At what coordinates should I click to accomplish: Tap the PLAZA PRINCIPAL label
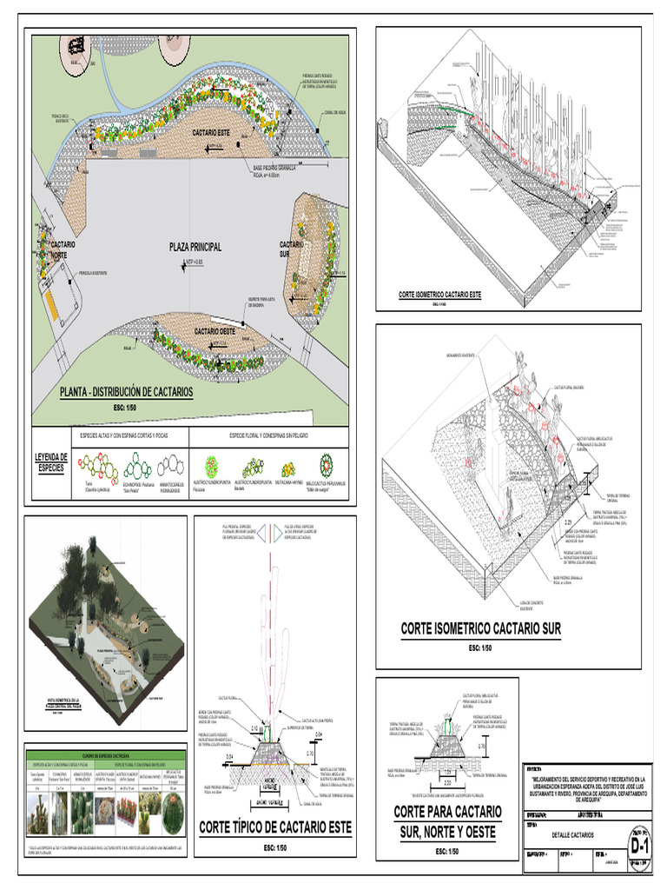(195, 247)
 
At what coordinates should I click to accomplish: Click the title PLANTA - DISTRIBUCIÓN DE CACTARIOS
(126, 392)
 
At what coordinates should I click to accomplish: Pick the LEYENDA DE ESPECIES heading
(52, 462)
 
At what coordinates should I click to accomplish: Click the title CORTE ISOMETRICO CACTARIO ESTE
(439, 296)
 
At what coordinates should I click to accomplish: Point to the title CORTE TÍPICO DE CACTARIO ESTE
(276, 827)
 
